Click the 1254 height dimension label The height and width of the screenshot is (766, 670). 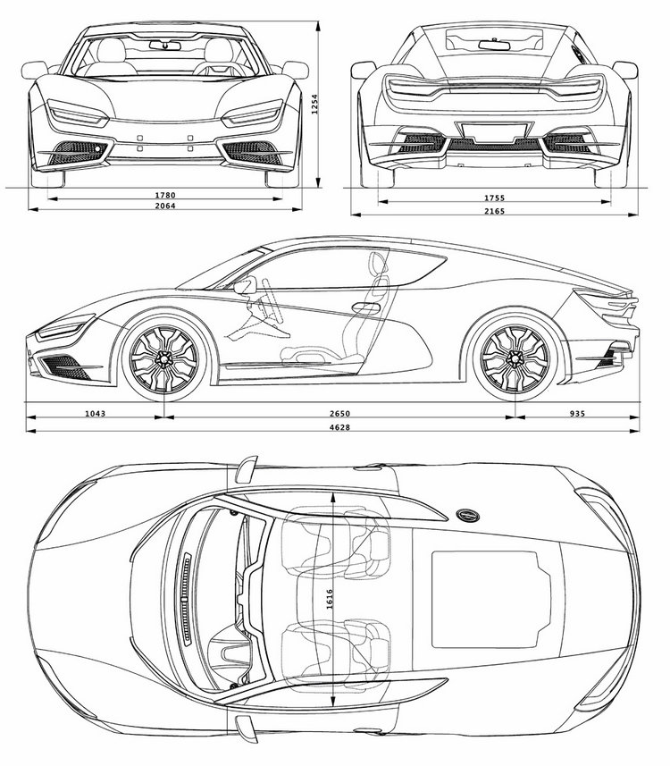[x=315, y=105]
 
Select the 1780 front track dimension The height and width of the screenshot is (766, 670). [x=165, y=196]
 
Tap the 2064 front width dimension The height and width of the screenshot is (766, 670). [x=165, y=206]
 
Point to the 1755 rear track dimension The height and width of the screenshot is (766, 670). [x=494, y=198]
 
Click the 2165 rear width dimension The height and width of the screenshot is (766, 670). [x=494, y=211]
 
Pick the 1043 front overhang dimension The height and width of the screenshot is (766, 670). [x=96, y=413]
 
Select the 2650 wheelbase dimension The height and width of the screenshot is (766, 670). [x=339, y=413]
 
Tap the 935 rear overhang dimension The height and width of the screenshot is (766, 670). [x=577, y=413]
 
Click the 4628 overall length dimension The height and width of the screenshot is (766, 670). [x=339, y=427]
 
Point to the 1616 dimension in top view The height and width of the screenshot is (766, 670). [x=329, y=599]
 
